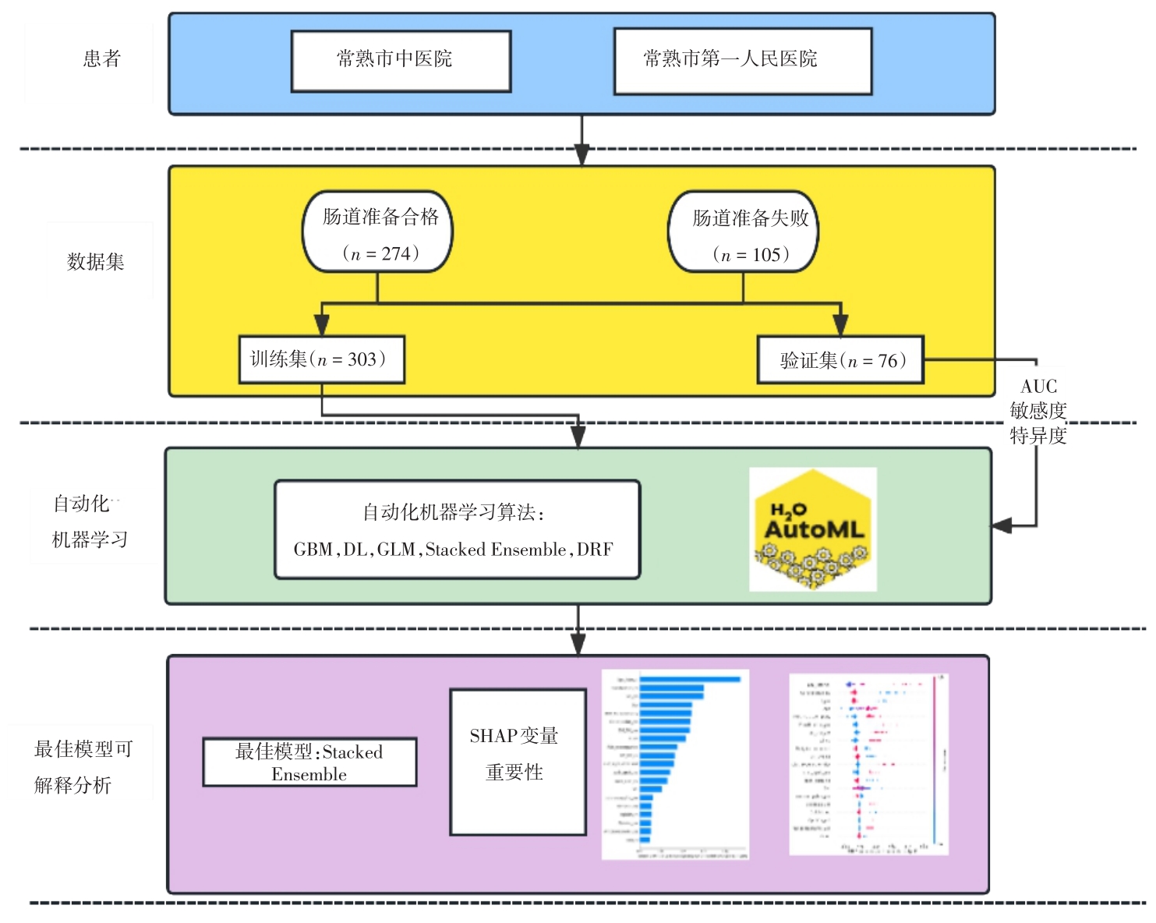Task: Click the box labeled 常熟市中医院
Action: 401,61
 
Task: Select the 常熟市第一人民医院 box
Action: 742,61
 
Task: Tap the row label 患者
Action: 101,58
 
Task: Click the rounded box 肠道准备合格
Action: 378,232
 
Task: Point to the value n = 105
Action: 751,255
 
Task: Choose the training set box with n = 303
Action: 321,359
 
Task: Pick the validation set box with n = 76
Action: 840,360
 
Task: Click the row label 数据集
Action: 96,262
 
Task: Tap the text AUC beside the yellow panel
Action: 1038,387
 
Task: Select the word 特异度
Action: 1038,436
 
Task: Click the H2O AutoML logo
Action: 813,529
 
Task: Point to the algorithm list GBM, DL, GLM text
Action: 453,550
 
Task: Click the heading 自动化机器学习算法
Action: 453,512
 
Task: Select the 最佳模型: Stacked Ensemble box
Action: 309,762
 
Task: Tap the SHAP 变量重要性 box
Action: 518,762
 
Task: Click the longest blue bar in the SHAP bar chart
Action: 690,680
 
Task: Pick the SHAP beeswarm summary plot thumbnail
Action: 868,764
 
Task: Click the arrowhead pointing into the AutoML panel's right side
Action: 1002,526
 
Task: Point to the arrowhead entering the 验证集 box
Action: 840,326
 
